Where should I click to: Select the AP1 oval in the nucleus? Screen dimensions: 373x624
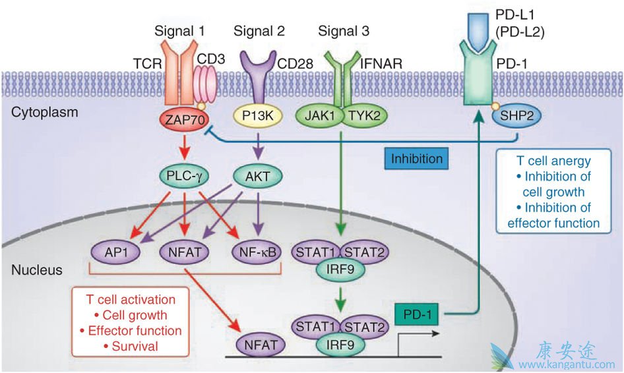point(113,251)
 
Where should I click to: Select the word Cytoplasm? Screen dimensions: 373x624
point(45,112)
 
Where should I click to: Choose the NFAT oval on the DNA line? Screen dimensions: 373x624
point(259,343)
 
